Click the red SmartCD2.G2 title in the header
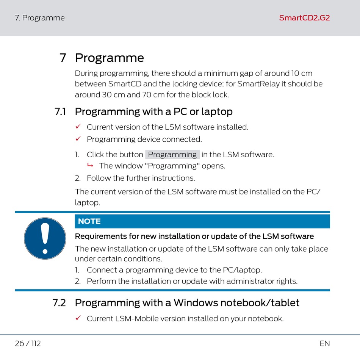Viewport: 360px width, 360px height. [304, 18]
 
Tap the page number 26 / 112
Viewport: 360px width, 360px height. [28, 343]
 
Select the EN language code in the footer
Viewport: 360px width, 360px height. [325, 343]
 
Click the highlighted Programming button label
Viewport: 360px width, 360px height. [172, 155]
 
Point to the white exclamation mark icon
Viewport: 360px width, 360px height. [45, 238]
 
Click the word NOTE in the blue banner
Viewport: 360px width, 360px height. [89, 221]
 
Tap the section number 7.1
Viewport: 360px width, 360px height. [60, 111]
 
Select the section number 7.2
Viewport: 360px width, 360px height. [59, 303]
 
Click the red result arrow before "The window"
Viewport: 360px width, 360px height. [90, 165]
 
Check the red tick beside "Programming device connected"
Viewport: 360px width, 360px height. [78, 139]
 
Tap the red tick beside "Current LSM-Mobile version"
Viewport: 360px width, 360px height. [78, 318]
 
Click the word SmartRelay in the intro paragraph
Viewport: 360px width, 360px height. [258, 84]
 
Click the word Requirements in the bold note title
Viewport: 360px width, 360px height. [101, 236]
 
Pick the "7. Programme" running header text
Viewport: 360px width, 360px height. [40, 18]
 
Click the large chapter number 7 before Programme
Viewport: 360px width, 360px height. [63, 58]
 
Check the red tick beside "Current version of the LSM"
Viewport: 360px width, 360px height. [78, 127]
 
